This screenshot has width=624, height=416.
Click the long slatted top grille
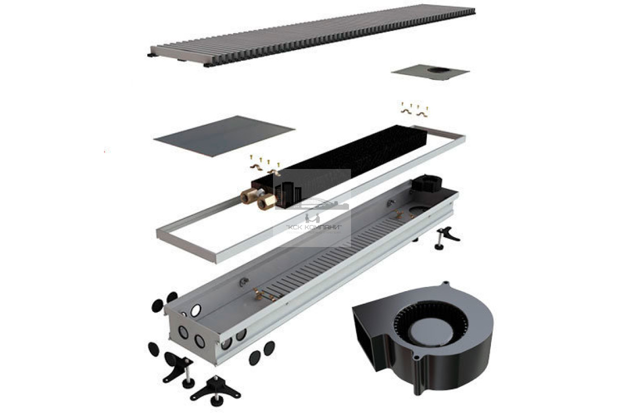[x=312, y=35]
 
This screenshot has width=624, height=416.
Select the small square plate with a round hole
[x=431, y=72]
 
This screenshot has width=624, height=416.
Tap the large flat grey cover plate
[x=224, y=136]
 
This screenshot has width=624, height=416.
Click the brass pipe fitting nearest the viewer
[x=267, y=202]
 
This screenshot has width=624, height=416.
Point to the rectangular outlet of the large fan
[x=366, y=339]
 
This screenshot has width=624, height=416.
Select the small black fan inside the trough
[x=427, y=184]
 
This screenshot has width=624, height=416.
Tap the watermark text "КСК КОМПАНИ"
[x=314, y=227]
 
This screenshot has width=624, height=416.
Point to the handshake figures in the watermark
[x=313, y=217]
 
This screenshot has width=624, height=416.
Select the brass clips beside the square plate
[x=414, y=110]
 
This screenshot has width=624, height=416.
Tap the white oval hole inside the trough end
[x=196, y=310]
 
